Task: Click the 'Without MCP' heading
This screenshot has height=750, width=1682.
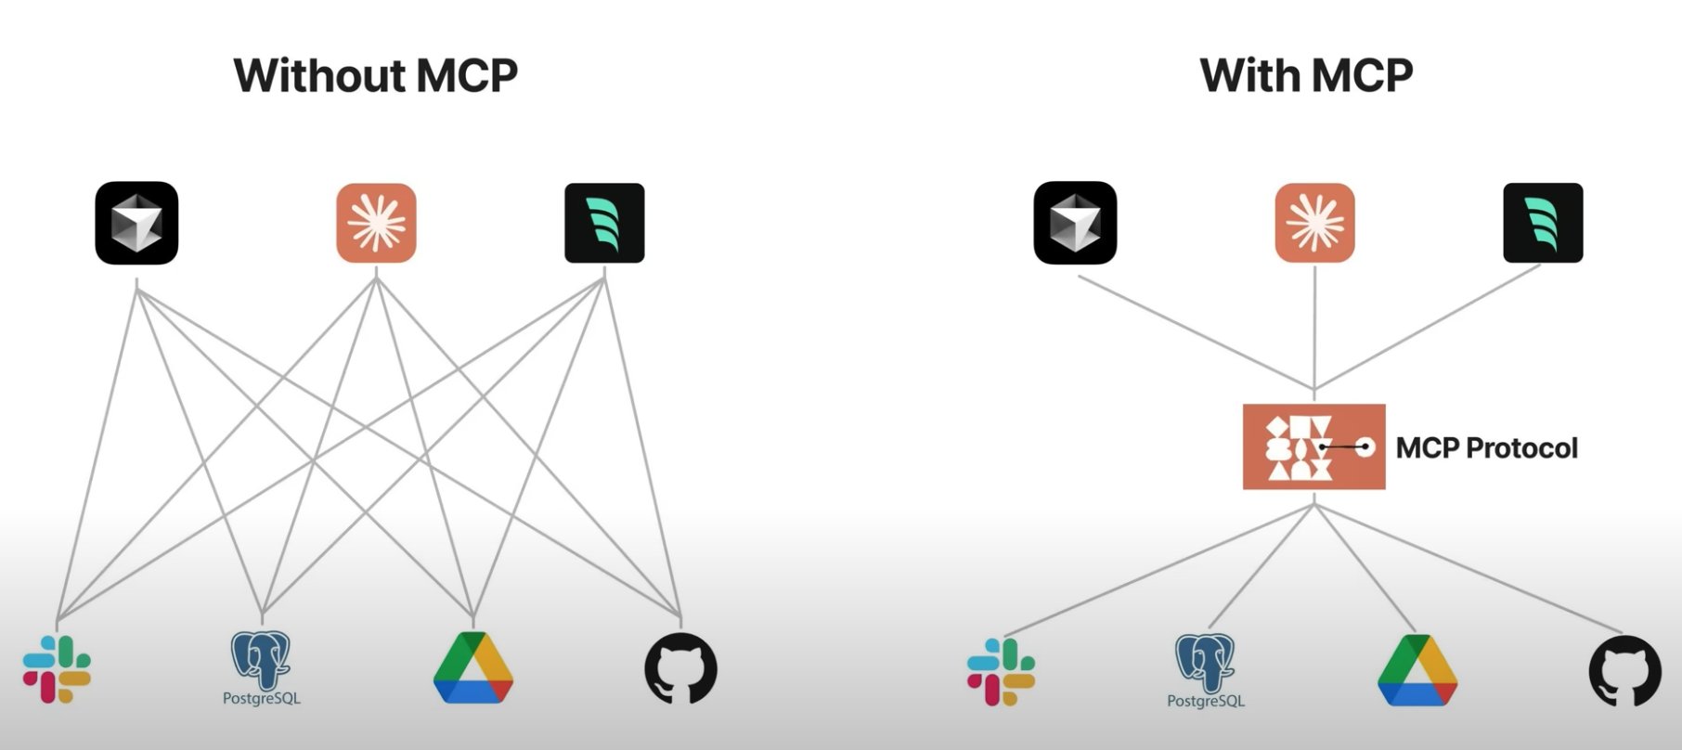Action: coord(375,75)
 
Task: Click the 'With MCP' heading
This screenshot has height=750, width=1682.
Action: coord(1306,75)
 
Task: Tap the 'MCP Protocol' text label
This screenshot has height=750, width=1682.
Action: coord(1486,448)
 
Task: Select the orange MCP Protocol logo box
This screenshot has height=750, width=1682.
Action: coord(1313,446)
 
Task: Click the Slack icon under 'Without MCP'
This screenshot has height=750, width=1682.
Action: coord(57,669)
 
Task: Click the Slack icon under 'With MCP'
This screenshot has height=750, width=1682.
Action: coord(1001,671)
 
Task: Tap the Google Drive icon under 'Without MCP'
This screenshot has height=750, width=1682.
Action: coord(473,667)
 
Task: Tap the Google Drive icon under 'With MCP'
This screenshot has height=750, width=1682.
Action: coord(1417,670)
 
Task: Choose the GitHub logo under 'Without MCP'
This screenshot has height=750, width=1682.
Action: coord(681,668)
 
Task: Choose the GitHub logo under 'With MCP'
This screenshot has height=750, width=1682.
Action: coord(1624,670)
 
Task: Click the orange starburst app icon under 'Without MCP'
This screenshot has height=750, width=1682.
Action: coord(376,223)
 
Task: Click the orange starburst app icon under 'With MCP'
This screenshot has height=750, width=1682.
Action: coord(1314,223)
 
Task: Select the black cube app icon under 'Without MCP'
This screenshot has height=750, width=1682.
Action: coord(136,223)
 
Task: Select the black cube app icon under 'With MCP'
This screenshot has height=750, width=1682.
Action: coord(1075,223)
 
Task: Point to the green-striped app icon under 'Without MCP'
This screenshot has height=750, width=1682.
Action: coord(604,223)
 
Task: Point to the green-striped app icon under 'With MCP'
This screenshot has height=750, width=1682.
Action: coord(1543,223)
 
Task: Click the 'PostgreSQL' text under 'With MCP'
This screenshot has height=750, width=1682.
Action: coord(1205,701)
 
